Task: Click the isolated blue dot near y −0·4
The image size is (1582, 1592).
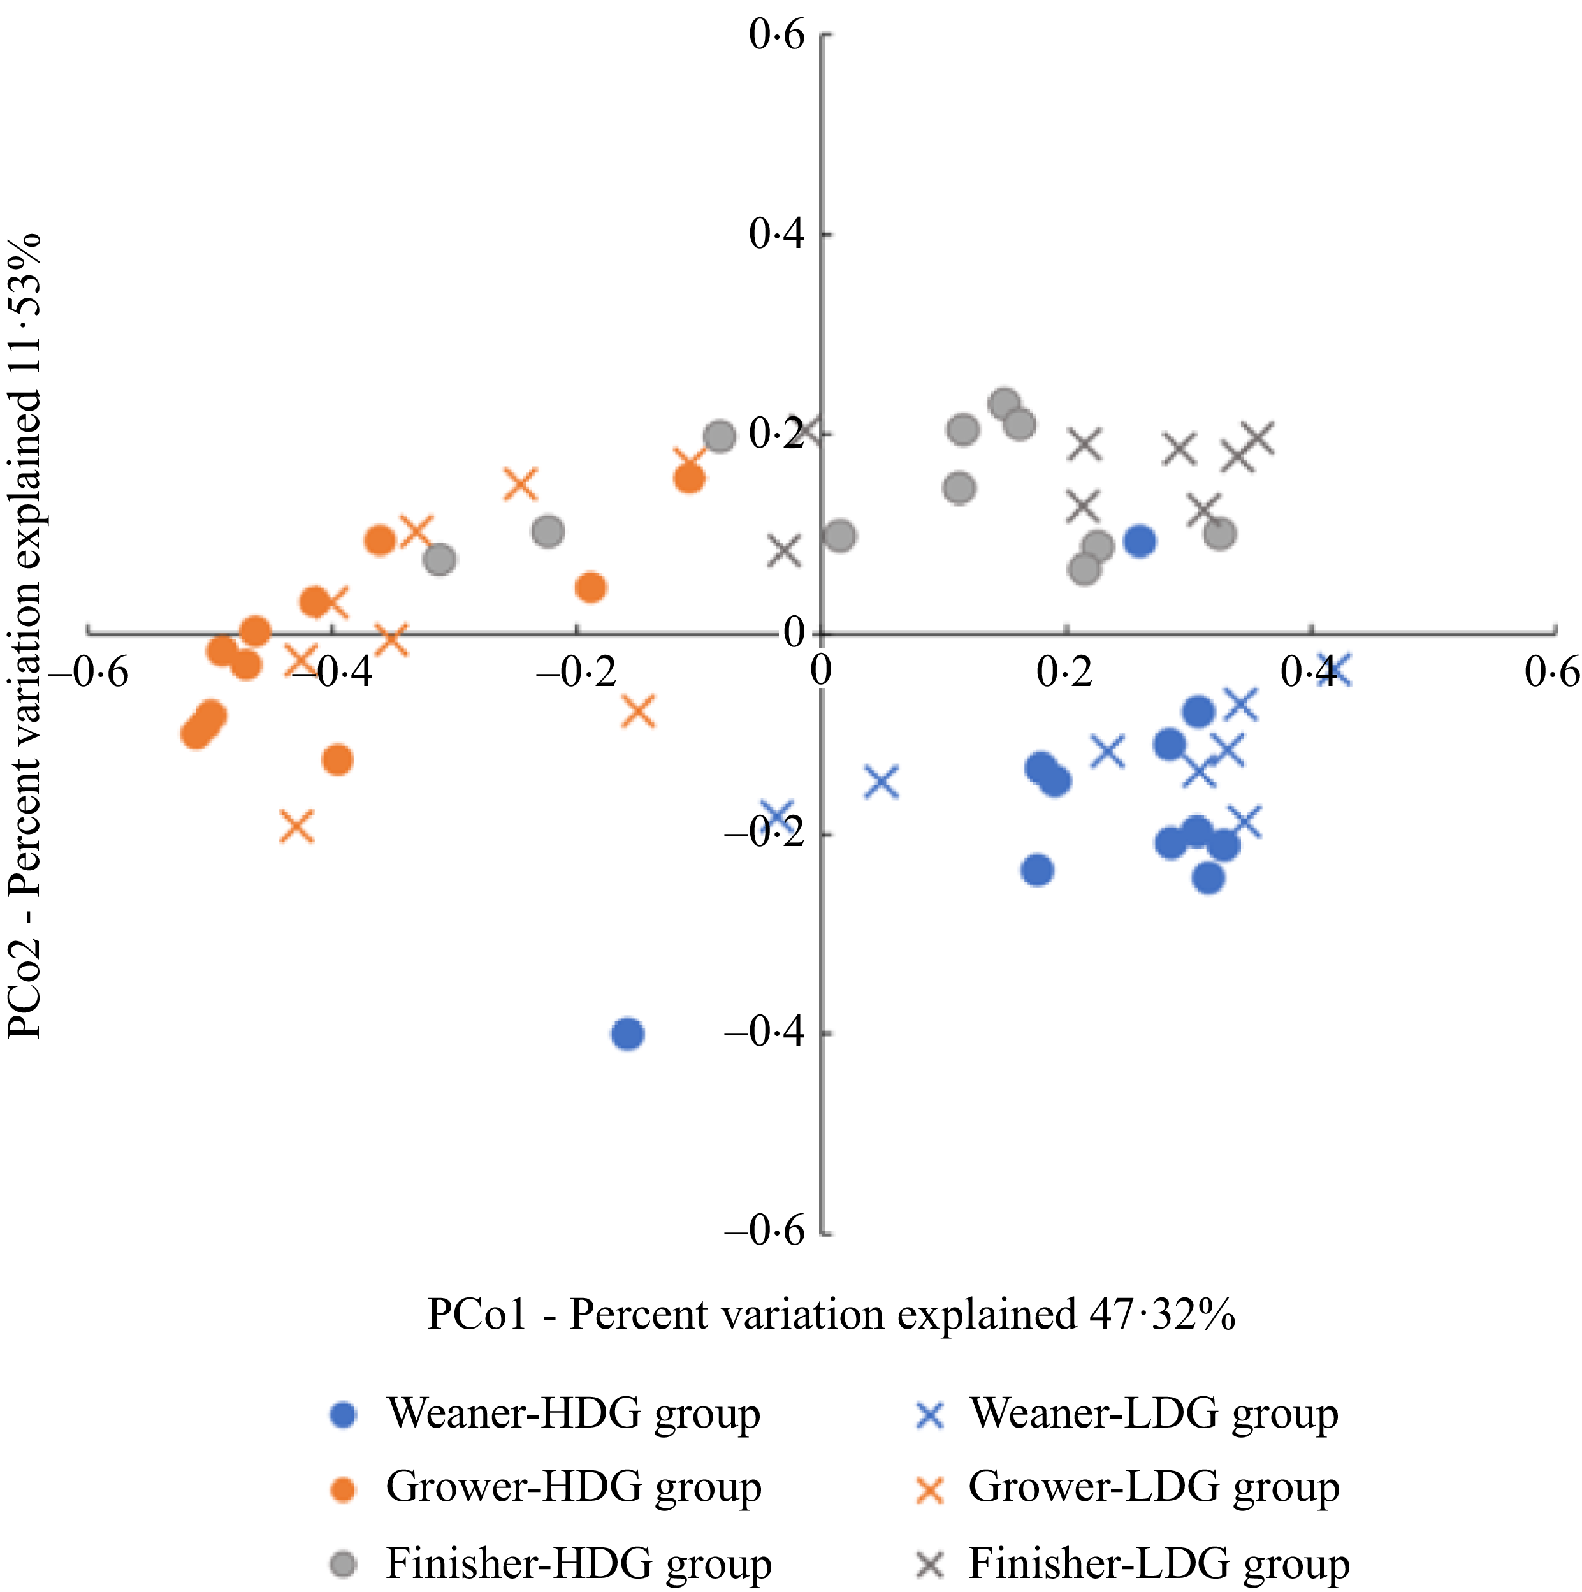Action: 628,1033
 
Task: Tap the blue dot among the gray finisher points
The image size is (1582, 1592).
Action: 1140,541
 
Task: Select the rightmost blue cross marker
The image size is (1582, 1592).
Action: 1335,670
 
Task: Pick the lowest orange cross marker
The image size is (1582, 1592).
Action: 296,826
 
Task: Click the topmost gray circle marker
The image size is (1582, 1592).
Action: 1004,404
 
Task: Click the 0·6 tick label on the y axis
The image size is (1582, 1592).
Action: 776,36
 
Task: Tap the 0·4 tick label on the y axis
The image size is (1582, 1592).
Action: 776,235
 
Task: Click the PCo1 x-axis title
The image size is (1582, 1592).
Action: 831,1314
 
